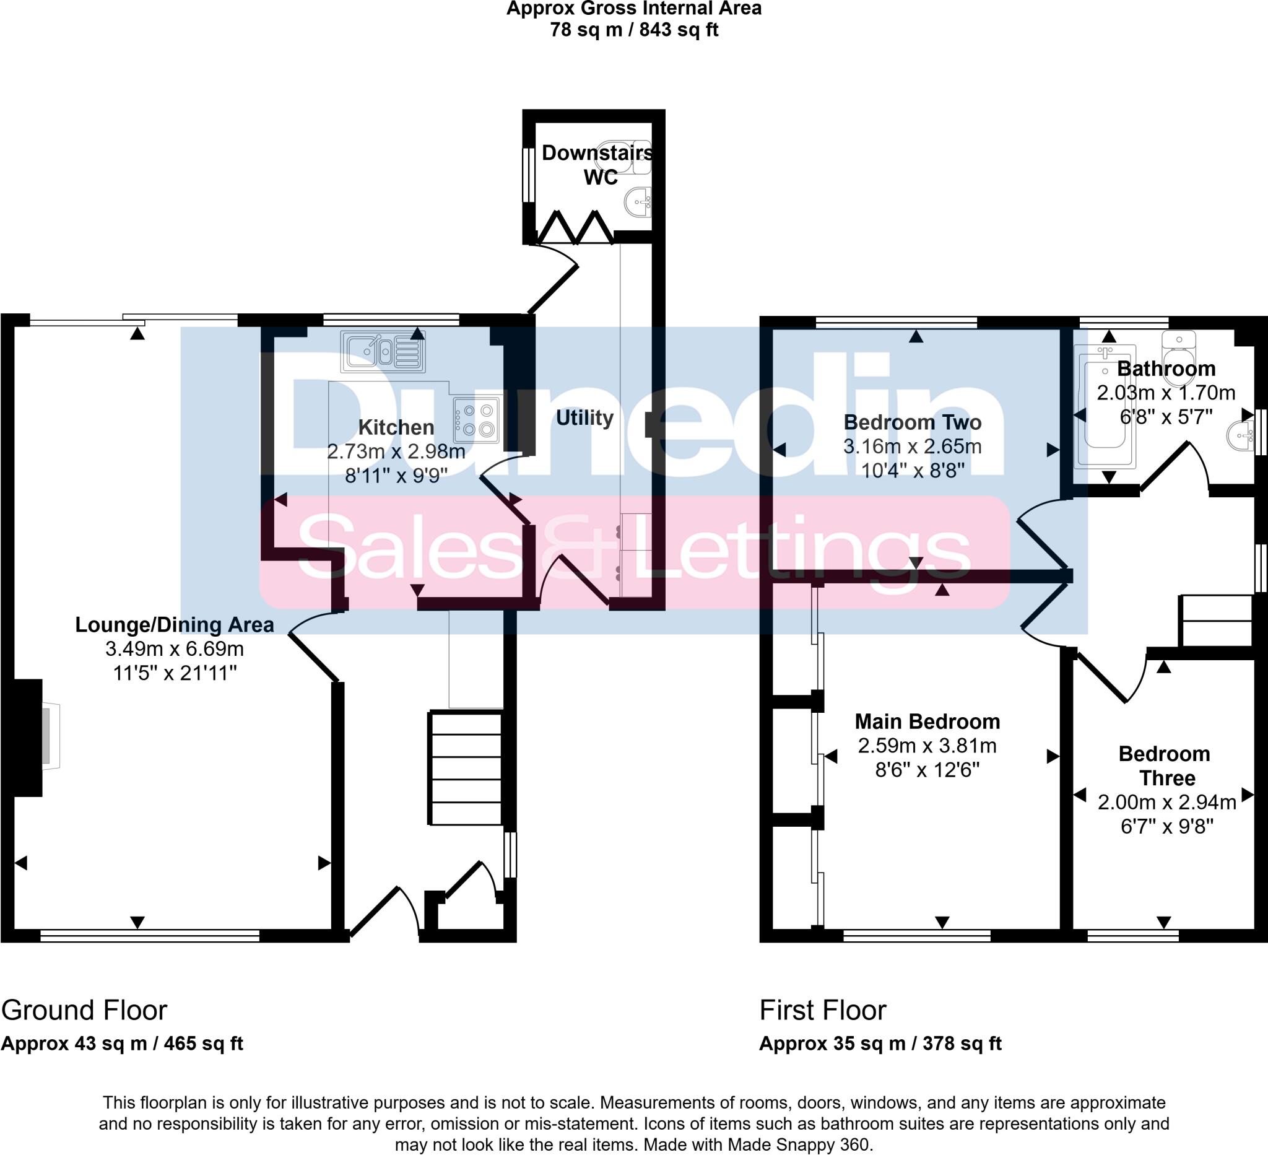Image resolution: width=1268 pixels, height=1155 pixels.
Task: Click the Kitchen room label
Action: pyautogui.click(x=396, y=427)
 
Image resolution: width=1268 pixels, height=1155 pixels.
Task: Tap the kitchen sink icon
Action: pyautogui.click(x=383, y=351)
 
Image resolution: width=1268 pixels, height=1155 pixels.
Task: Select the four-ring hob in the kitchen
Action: pyautogui.click(x=477, y=420)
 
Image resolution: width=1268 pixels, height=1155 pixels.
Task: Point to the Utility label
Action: pyautogui.click(x=584, y=417)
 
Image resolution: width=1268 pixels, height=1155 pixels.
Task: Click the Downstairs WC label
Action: pyautogui.click(x=597, y=165)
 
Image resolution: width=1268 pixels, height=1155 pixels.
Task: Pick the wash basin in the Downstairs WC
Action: pyautogui.click(x=638, y=203)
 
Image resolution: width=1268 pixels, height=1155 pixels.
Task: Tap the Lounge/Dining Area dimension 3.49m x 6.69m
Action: pyautogui.click(x=175, y=648)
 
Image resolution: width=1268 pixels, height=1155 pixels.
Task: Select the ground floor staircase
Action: pyautogui.click(x=466, y=767)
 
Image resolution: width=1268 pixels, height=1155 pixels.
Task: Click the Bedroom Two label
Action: pyautogui.click(x=913, y=422)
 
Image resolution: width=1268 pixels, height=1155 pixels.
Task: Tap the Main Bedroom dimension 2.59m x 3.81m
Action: pyautogui.click(x=927, y=746)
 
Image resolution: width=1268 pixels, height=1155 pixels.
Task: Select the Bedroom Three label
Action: pyautogui.click(x=1164, y=765)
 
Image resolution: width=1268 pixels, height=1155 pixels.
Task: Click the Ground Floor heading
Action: pyautogui.click(x=84, y=1010)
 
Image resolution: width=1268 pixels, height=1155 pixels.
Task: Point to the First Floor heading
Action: pyautogui.click(x=823, y=1010)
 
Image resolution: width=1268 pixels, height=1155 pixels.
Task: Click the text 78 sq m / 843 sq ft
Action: pyautogui.click(x=634, y=30)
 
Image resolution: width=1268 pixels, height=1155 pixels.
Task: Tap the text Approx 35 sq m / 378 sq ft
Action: pyautogui.click(x=880, y=1044)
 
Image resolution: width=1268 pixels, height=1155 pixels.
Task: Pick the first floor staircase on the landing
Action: pyautogui.click(x=1217, y=621)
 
